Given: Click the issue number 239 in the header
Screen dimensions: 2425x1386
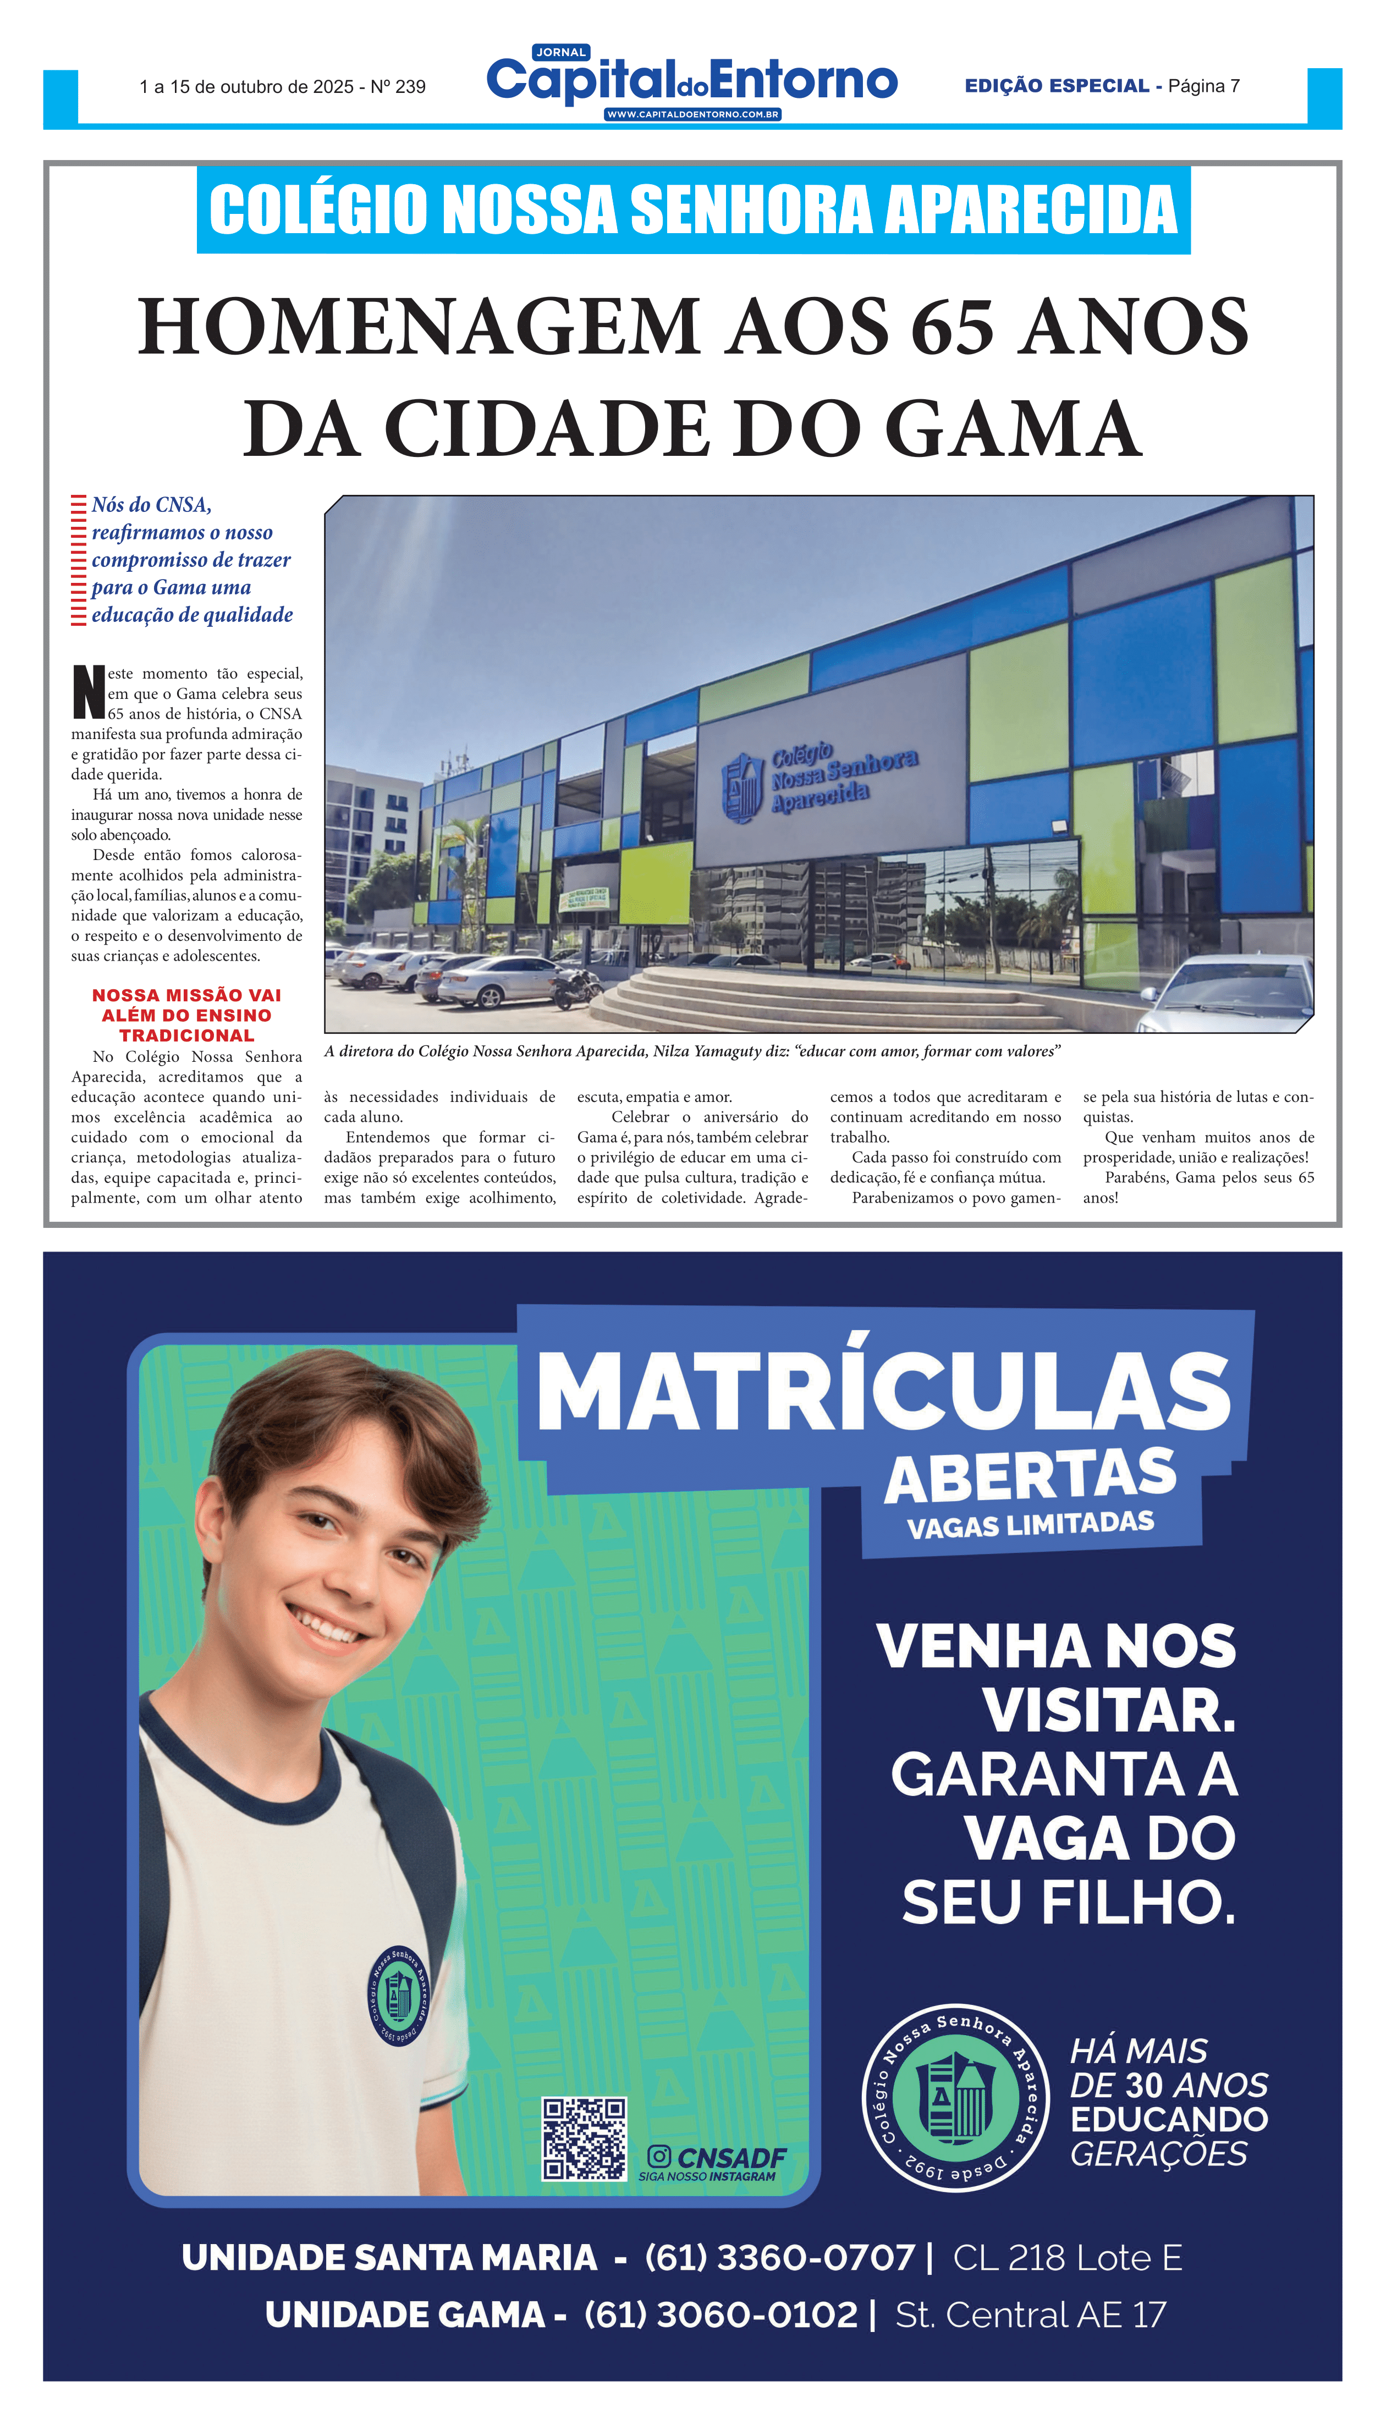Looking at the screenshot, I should click(410, 87).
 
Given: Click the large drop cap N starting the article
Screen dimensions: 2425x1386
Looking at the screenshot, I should click(89, 693).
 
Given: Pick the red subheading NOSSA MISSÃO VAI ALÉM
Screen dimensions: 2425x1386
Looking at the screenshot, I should click(186, 1015).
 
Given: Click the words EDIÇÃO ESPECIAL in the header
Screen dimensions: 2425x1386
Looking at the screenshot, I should click(1057, 86).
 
